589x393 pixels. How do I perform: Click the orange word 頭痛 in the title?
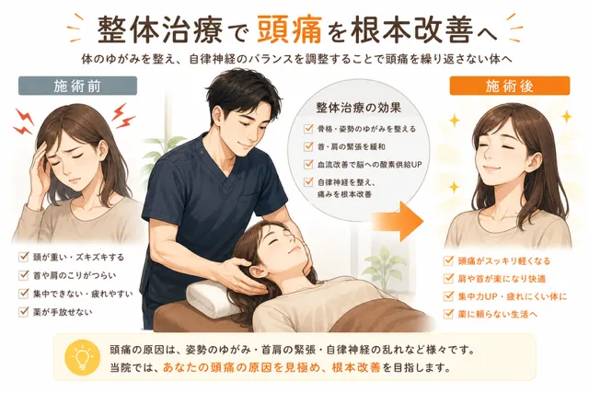point(290,29)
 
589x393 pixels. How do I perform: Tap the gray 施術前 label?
point(77,86)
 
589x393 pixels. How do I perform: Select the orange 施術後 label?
point(509,86)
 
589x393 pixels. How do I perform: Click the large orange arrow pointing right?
point(398,221)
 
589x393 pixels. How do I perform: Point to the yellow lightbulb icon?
point(83,358)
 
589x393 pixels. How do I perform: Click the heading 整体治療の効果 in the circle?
point(358,108)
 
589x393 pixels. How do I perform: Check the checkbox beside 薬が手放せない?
point(24,311)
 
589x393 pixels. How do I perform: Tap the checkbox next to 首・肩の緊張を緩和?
point(308,145)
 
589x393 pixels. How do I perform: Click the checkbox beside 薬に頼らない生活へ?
point(448,313)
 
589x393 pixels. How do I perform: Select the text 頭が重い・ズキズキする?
point(78,258)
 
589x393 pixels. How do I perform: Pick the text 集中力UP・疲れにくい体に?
point(513,296)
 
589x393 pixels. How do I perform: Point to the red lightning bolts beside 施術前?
point(123,116)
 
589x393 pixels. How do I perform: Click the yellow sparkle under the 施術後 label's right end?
point(567,116)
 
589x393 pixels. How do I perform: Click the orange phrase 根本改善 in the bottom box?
point(356,366)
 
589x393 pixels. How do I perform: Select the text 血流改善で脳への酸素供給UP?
point(370,164)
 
